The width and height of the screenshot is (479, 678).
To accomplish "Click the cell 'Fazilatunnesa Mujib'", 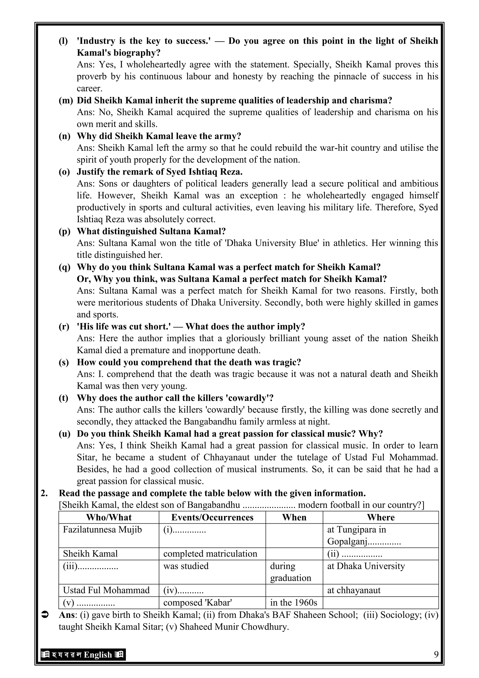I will tap(102, 530).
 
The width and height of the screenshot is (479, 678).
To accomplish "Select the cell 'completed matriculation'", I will tap(210, 553).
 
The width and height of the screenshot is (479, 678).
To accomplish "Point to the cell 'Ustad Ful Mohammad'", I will tap(106, 590).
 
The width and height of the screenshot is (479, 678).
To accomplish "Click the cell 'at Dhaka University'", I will tap(366, 566).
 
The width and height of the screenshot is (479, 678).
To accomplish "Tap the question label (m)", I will tap(65, 100).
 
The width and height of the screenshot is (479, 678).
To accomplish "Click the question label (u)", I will tap(65, 433).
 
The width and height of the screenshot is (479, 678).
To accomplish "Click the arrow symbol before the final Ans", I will tap(44, 615).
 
